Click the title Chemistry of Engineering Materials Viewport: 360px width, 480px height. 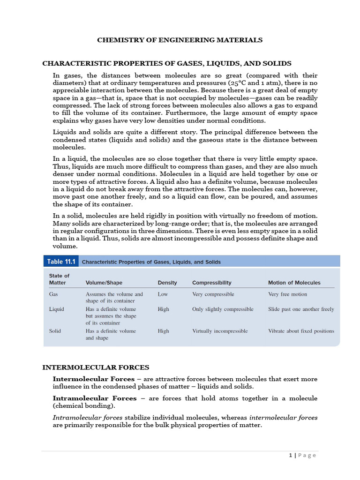tap(180, 40)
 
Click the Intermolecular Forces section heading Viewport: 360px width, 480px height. tap(96, 367)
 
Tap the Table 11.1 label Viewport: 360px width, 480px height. tap(61, 262)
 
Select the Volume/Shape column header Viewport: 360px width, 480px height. tap(104, 283)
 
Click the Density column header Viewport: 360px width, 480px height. tap(167, 283)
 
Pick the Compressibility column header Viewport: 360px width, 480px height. tap(211, 283)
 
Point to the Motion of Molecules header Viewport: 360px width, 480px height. tap(294, 283)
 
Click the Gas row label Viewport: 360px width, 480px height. tap(53, 294)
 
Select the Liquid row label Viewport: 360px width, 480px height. tap(56, 309)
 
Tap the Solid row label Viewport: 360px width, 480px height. tap(55, 331)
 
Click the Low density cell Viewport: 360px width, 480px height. tap(163, 294)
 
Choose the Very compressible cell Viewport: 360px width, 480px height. tap(213, 294)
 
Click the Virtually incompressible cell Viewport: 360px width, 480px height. tap(220, 331)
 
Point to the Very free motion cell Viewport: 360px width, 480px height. tap(287, 294)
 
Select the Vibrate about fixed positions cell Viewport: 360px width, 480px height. tap(301, 331)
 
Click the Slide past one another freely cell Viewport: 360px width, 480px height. tap(301, 309)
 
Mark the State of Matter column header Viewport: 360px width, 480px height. tap(59, 279)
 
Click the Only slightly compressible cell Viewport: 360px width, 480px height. tap(223, 309)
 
